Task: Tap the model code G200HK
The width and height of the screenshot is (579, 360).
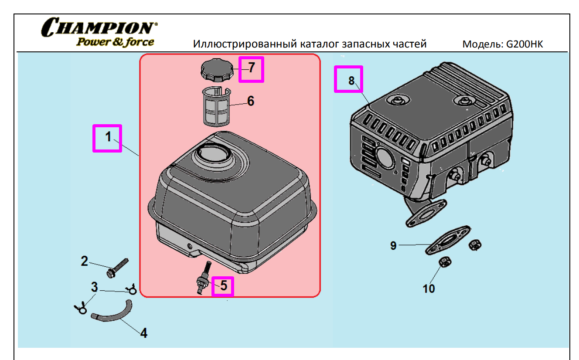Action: point(525,44)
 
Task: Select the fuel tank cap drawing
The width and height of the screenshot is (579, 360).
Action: point(215,70)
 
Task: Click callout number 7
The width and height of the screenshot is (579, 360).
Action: point(251,68)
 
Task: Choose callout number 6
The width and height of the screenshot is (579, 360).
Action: point(251,101)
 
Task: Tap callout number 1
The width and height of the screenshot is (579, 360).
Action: point(107,137)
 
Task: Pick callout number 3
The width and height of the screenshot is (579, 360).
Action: point(94,287)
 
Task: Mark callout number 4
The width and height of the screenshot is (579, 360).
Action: point(143,333)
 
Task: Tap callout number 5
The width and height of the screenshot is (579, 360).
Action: point(223,286)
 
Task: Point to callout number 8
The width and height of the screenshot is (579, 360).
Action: point(351,80)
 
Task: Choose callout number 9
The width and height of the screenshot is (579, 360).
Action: point(393,246)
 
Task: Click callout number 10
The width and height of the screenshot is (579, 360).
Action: point(429,288)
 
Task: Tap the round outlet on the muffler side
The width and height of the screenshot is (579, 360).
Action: point(384,158)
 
